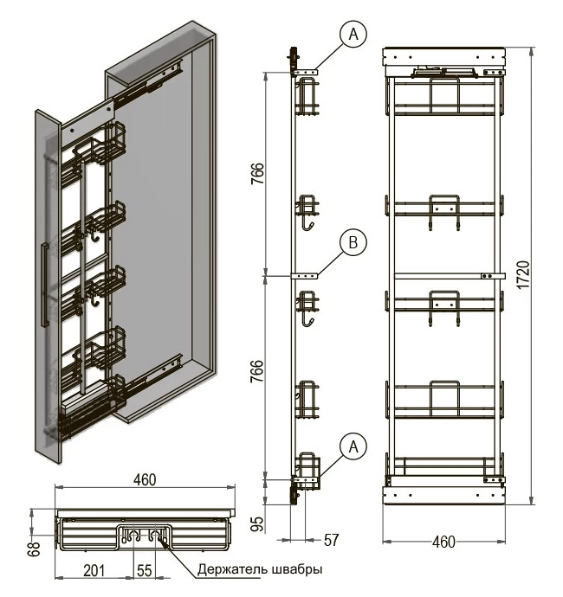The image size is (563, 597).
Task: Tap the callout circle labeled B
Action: (x=353, y=242)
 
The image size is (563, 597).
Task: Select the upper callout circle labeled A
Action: (x=353, y=34)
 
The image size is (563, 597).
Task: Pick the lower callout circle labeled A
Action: (x=353, y=446)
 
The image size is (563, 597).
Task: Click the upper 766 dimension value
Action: (x=257, y=174)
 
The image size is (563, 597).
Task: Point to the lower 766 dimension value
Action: (x=257, y=371)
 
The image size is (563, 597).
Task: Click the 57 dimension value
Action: (x=331, y=540)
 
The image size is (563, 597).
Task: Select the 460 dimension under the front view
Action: (x=443, y=542)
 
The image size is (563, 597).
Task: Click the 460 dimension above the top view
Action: (x=145, y=479)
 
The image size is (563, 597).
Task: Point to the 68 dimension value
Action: (x=35, y=549)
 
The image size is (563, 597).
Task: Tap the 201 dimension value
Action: (x=94, y=571)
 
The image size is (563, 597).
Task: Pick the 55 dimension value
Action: (x=145, y=571)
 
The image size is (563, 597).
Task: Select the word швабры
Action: (x=298, y=569)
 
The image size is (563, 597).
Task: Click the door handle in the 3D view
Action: (x=45, y=285)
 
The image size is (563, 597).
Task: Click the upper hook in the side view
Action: (x=308, y=226)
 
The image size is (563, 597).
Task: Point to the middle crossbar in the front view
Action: (x=450, y=276)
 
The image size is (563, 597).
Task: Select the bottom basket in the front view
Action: (x=444, y=466)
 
